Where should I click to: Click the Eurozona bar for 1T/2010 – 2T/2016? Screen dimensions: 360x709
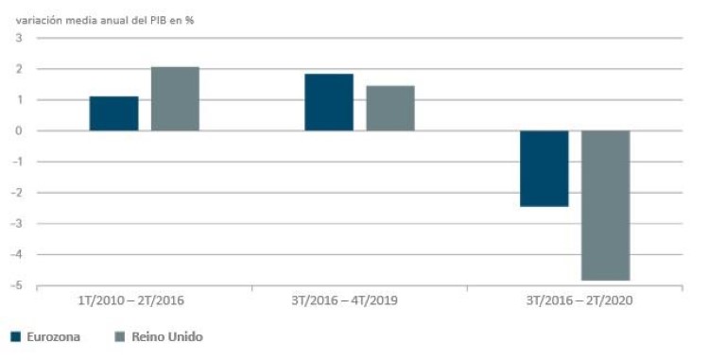(x=113, y=113)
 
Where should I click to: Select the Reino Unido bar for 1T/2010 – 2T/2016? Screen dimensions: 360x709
(x=175, y=98)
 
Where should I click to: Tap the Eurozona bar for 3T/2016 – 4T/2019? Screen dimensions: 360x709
(x=329, y=102)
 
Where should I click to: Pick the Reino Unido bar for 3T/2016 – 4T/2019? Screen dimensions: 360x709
(x=390, y=108)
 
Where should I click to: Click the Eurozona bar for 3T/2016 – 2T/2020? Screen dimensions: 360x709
(x=545, y=168)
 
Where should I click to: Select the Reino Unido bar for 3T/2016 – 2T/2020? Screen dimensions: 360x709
(x=606, y=205)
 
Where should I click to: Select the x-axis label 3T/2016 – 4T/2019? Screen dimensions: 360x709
(x=359, y=300)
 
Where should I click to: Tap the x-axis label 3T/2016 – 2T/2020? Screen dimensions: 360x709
(x=577, y=300)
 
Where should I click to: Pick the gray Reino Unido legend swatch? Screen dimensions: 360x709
(x=118, y=336)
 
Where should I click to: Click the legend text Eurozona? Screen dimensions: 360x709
(x=55, y=336)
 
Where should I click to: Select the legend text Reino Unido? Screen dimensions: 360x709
(x=167, y=336)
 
